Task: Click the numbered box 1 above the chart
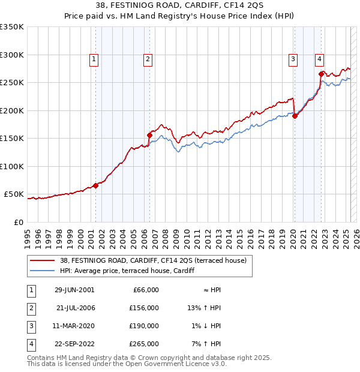[95, 59]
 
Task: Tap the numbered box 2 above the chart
[148, 59]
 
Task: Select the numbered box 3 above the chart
[293, 59]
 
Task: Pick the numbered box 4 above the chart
[320, 59]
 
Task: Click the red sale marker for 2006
[149, 135]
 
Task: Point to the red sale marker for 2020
[295, 116]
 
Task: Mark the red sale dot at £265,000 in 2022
[322, 74]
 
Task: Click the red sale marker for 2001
[95, 185]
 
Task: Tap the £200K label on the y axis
[12, 110]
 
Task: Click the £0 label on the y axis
[18, 222]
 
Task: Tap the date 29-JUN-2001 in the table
[74, 290]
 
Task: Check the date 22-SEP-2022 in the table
[74, 344]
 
